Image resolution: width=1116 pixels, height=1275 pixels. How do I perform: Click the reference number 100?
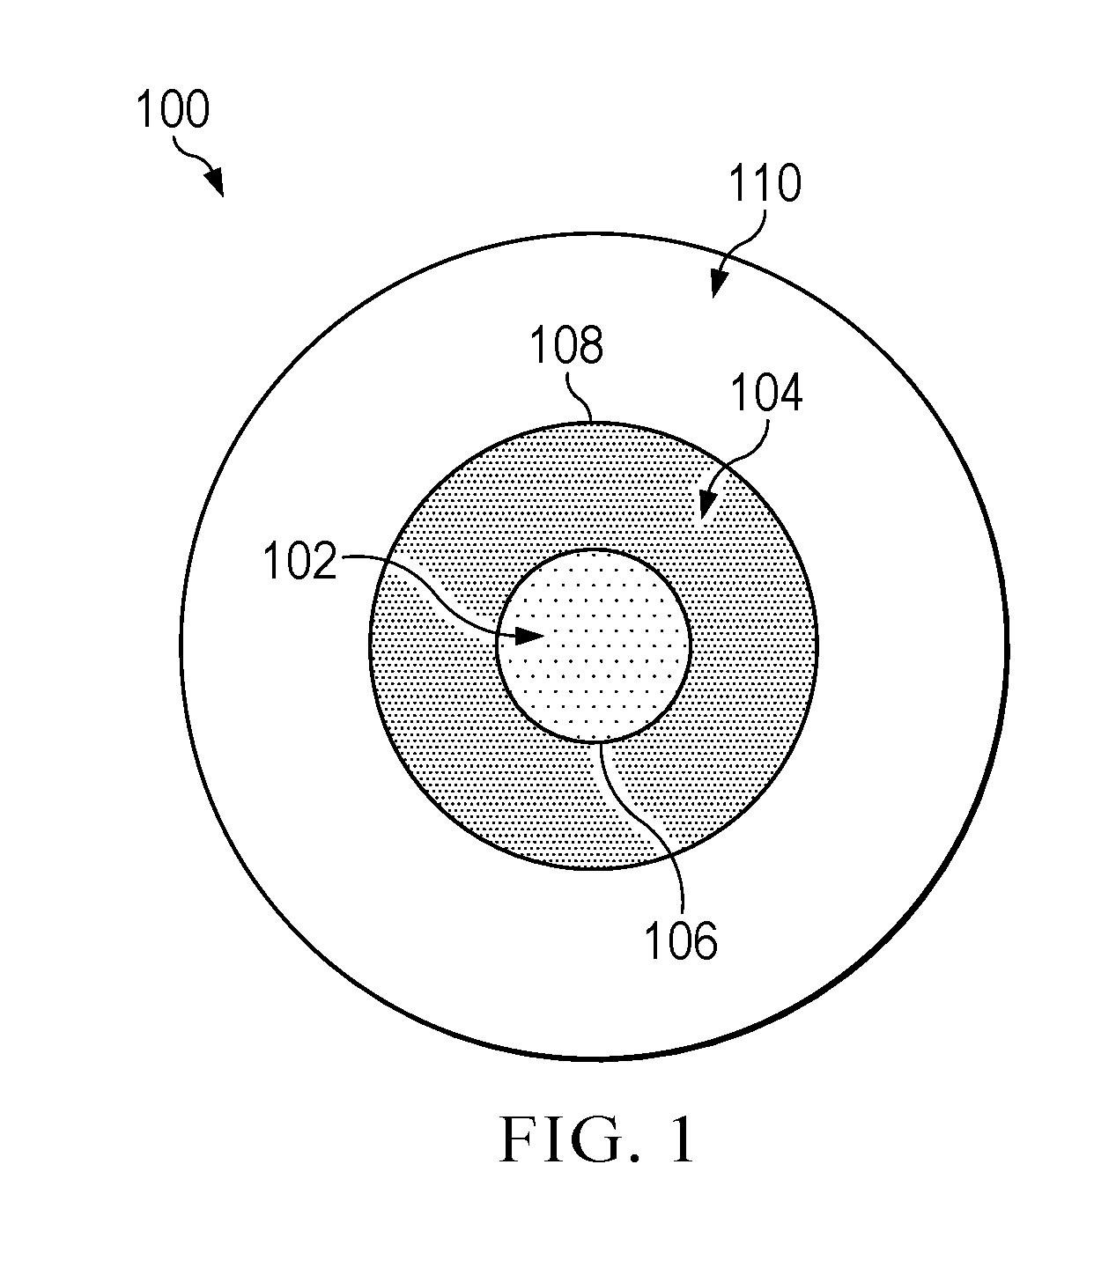pos(173,109)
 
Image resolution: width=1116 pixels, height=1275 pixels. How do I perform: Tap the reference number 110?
pos(765,183)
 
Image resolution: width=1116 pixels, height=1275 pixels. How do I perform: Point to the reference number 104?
pos(766,394)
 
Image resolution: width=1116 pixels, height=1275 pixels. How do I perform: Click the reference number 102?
pos(300,561)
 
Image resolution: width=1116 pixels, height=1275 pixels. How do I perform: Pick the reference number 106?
pos(681,941)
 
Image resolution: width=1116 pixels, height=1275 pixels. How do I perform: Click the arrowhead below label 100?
pos(215,182)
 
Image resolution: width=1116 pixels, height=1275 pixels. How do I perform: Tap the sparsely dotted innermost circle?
pos(594,646)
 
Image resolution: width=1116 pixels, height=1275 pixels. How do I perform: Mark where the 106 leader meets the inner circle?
pos(601,743)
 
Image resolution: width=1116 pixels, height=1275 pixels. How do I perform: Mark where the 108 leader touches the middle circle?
pos(592,423)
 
